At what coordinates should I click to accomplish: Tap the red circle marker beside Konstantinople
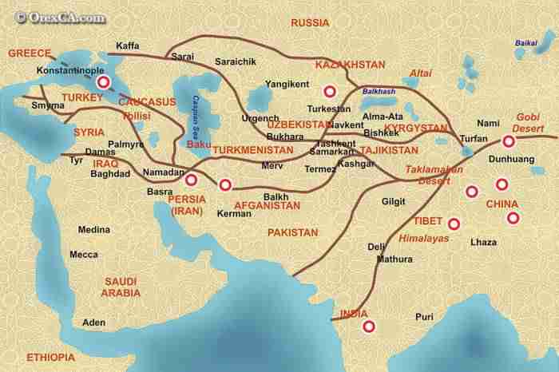[103, 83]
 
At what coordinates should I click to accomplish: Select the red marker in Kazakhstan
[326, 91]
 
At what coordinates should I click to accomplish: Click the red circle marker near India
[368, 326]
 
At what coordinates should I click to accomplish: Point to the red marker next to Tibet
[454, 224]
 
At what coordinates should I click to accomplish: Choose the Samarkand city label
[333, 152]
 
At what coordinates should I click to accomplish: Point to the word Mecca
[84, 255]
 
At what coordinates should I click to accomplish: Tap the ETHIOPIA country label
[50, 356]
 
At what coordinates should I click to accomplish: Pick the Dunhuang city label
[489, 159]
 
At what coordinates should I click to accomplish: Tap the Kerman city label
[234, 214]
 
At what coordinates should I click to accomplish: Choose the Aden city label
[94, 323]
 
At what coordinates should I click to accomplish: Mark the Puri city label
[424, 317]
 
